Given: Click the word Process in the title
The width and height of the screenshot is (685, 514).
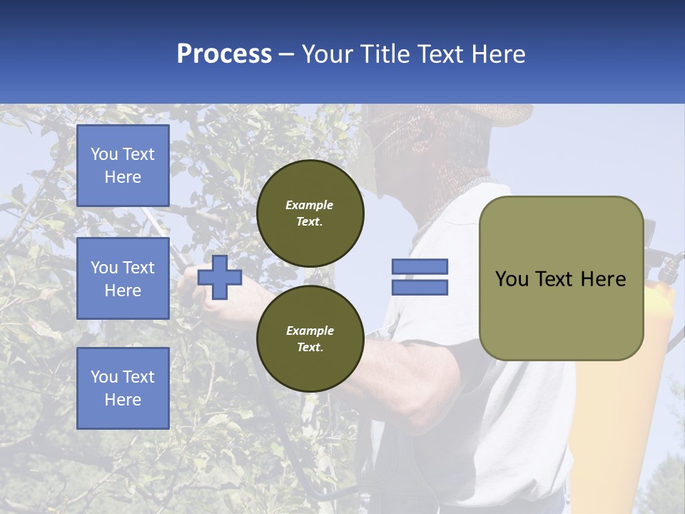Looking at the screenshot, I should tap(224, 54).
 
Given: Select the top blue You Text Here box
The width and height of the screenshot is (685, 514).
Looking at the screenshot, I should tap(123, 166).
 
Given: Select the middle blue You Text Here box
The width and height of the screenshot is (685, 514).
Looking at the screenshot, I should tap(123, 278).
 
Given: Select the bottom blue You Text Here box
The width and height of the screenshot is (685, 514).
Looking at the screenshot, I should tap(123, 388).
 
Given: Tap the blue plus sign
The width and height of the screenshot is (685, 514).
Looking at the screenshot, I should tap(220, 278).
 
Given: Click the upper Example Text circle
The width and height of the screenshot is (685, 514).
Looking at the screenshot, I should tap(310, 213).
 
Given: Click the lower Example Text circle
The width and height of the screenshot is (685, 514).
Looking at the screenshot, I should tap(310, 338).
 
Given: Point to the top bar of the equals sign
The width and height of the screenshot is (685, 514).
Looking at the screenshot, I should tap(420, 266).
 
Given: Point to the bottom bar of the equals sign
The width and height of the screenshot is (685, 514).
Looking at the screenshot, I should tap(420, 288).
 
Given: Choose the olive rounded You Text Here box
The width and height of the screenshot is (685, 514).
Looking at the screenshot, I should tap(561, 278).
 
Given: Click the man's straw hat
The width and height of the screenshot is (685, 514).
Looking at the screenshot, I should tap(492, 114).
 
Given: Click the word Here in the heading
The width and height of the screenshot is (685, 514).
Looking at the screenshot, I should tap(497, 54).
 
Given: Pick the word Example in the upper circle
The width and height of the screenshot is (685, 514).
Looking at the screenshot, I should tap(309, 205).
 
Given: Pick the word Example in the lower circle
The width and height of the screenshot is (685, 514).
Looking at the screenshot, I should tap(310, 331).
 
